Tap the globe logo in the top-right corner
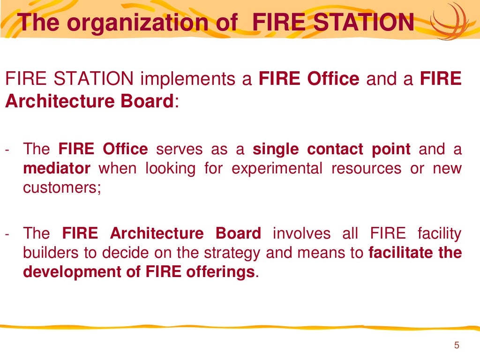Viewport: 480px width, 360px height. click(452, 22)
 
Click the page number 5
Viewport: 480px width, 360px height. click(457, 346)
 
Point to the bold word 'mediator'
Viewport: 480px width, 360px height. click(57, 168)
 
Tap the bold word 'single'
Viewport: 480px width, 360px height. click(277, 150)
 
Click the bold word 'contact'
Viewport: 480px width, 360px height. click(335, 150)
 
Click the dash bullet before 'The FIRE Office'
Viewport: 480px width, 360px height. click(7, 150)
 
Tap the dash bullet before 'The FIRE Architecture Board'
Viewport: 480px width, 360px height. click(7, 233)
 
